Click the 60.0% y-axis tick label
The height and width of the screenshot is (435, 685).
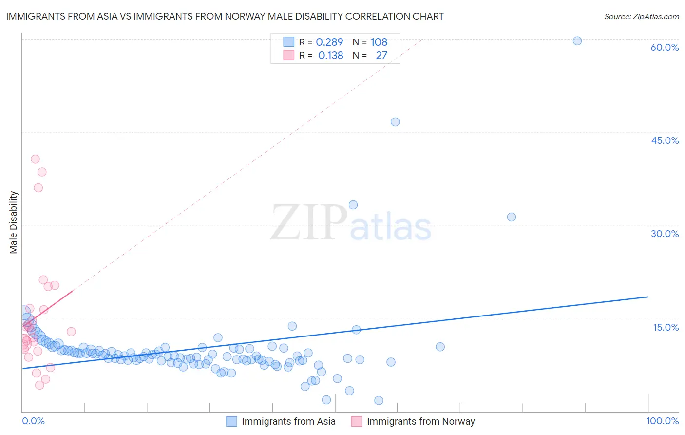(665, 47)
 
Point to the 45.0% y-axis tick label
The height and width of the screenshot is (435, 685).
(665, 140)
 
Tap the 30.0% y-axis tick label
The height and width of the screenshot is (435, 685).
(665, 234)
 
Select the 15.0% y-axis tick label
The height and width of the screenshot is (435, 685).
(666, 327)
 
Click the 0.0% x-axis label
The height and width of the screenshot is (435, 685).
(33, 421)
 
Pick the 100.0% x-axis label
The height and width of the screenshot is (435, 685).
(662, 421)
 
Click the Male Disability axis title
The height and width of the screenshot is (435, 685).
(14, 222)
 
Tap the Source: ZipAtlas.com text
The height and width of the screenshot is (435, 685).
(641, 16)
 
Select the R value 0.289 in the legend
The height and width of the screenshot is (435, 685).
(329, 42)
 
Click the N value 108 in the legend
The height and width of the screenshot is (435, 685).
(379, 42)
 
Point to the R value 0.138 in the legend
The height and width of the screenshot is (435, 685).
(330, 55)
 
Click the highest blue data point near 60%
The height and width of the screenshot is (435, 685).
(577, 41)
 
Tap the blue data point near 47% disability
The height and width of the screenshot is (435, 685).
(395, 122)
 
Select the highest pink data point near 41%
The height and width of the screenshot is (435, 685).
(35, 159)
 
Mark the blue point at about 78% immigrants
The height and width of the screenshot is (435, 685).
(512, 217)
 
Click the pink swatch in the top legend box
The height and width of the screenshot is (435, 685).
(289, 55)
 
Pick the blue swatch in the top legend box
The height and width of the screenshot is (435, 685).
(289, 42)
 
